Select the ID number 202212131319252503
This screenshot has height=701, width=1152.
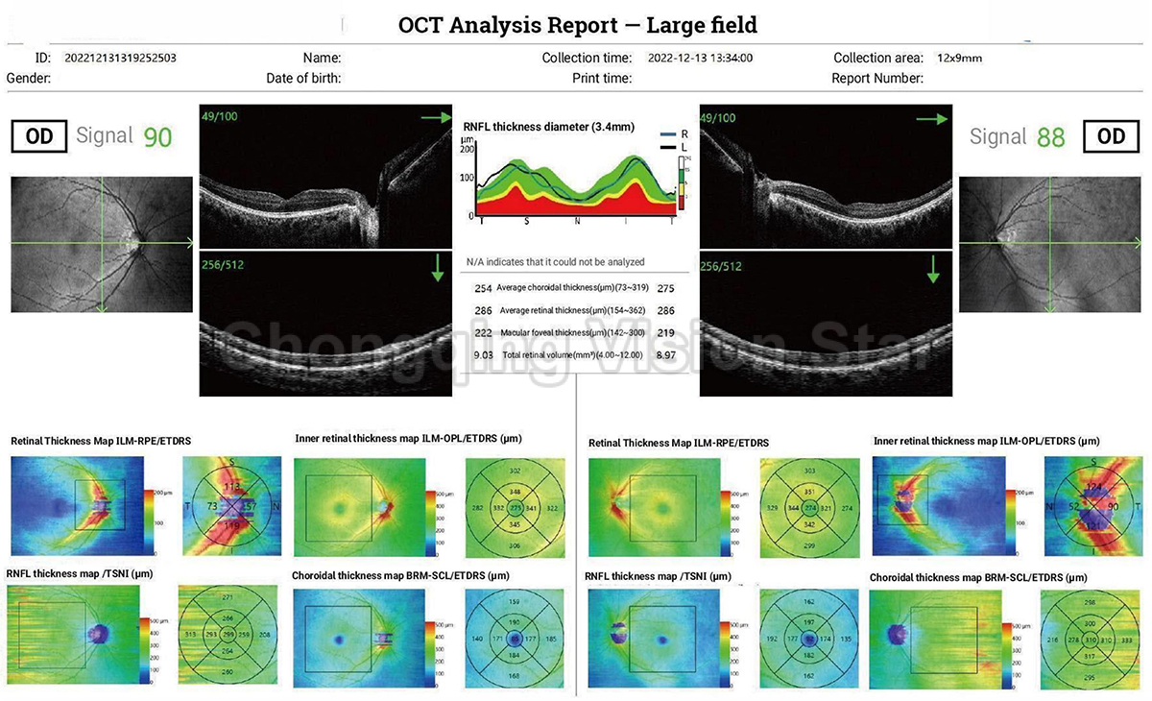pyautogui.click(x=120, y=58)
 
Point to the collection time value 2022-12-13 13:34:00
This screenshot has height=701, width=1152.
pyautogui.click(x=700, y=58)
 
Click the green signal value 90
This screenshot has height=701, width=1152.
pyautogui.click(x=157, y=137)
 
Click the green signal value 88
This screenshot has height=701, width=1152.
pyautogui.click(x=1051, y=137)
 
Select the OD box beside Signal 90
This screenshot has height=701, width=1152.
pyautogui.click(x=39, y=136)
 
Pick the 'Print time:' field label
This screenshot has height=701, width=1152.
pyautogui.click(x=602, y=78)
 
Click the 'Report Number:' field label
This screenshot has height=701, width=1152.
pyautogui.click(x=877, y=78)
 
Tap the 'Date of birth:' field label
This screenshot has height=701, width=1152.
pyautogui.click(x=303, y=78)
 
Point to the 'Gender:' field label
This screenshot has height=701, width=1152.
pyautogui.click(x=29, y=78)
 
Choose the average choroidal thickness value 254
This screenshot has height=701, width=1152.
pyautogui.click(x=483, y=288)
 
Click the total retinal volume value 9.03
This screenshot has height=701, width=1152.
pyautogui.click(x=483, y=355)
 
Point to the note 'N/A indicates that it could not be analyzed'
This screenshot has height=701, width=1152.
pyautogui.click(x=556, y=261)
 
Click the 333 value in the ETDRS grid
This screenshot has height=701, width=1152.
pyautogui.click(x=1126, y=640)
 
